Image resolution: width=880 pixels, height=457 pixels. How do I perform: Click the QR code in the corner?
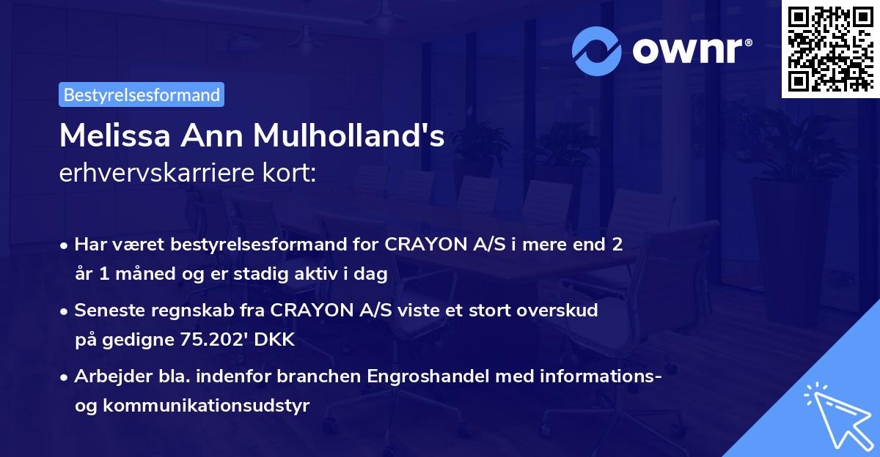coord(830,48)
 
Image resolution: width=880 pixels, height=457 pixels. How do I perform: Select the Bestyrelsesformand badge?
coord(142,94)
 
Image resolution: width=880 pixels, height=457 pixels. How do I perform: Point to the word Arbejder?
coord(107,377)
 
